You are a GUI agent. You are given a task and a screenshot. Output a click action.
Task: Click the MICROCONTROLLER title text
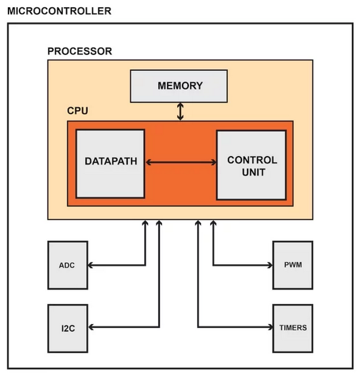point(59,11)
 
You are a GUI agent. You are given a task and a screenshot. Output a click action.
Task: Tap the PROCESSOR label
point(79,51)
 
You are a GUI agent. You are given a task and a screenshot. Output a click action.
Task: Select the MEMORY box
point(179,86)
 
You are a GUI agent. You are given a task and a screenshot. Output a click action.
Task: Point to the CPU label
point(77,111)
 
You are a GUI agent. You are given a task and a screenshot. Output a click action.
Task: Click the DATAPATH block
point(110,163)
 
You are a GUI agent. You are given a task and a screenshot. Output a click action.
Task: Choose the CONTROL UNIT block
point(251,165)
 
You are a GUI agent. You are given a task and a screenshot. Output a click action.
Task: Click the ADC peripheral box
point(67,265)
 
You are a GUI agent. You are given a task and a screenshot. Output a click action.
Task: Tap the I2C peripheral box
point(67,328)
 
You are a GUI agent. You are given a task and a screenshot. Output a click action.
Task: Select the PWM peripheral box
point(293,265)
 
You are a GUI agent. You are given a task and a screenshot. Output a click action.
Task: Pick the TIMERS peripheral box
point(293,328)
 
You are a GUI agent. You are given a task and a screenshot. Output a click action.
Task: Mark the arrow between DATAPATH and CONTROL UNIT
point(181,163)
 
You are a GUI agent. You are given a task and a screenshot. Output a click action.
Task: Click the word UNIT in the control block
point(252,172)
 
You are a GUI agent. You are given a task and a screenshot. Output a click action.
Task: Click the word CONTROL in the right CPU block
point(252,160)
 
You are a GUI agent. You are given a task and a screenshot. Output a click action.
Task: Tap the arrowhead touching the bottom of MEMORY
point(180,105)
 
